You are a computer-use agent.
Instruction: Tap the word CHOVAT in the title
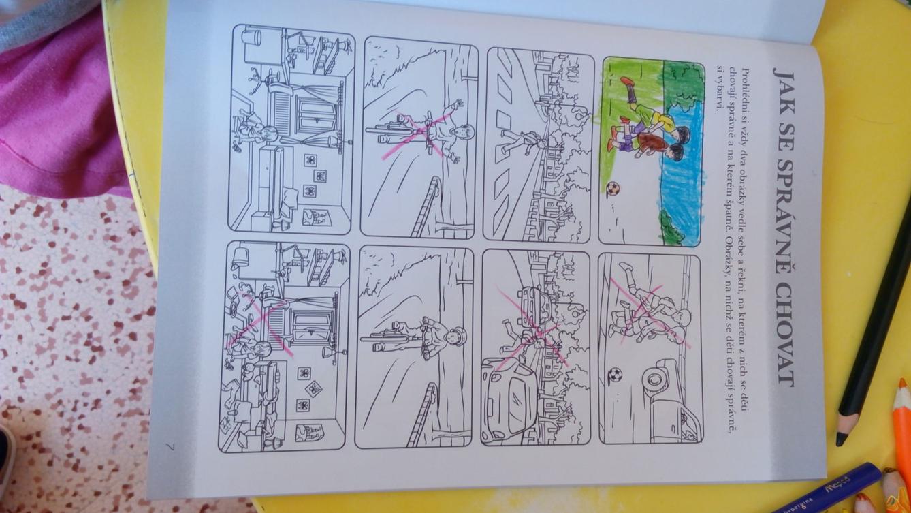pos(785,333)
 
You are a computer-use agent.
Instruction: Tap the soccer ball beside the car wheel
pos(615,374)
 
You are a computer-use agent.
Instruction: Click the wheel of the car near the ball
pos(654,379)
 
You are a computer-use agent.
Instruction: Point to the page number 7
pos(171,446)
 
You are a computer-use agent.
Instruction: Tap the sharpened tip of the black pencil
pos(841,440)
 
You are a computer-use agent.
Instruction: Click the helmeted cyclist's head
pos(454,337)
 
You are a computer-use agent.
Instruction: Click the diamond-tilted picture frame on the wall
pos(313,389)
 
